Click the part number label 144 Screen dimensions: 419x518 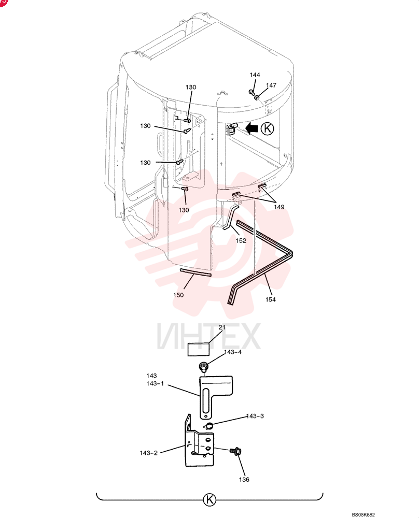pos(255,75)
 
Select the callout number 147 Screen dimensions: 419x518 pos(271,85)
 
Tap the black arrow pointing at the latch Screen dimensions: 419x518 pos(252,128)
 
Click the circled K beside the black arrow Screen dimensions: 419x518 pos(268,128)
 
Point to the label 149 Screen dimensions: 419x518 pos(279,207)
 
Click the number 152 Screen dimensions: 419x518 pos(241,240)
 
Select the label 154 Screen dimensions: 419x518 pos(270,299)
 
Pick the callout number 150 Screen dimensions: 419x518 pos(178,295)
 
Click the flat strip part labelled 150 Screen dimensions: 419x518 pos(195,272)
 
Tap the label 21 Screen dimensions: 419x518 pos(222,327)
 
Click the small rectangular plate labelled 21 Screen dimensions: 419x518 pos(199,349)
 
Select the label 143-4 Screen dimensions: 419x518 pos(233,352)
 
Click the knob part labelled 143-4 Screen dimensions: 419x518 pos(203,366)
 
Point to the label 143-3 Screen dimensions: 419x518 pos(255,416)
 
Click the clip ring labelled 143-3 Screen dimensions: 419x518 pos(208,426)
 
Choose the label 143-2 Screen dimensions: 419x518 pos(148,453)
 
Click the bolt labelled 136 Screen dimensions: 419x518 pos(235,451)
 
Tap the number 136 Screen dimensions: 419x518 pos(244,479)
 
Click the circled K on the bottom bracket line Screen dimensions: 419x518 pos(209,499)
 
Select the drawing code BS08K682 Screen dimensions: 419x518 pos(363,515)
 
